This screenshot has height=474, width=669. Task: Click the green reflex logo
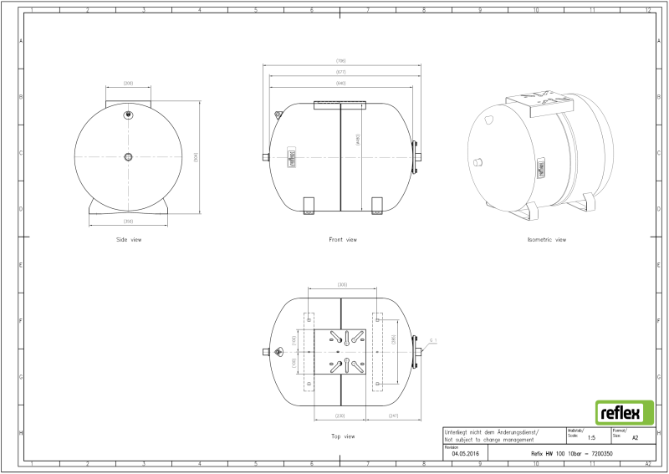tap(620, 413)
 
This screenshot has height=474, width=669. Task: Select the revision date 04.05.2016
tap(465, 453)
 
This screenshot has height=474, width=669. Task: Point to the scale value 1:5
tap(591, 437)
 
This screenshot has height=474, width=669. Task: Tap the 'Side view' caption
tap(129, 240)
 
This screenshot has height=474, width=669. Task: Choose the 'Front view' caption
tap(343, 240)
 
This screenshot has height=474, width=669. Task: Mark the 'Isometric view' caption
tap(547, 240)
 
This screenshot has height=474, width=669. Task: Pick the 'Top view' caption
tap(343, 436)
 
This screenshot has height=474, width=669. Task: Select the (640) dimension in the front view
tap(341, 84)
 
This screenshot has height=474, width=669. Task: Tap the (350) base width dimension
tap(129, 221)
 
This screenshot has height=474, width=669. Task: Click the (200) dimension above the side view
tap(129, 84)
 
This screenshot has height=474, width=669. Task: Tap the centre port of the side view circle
tap(128, 156)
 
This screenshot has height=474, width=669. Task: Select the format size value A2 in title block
tap(635, 437)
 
